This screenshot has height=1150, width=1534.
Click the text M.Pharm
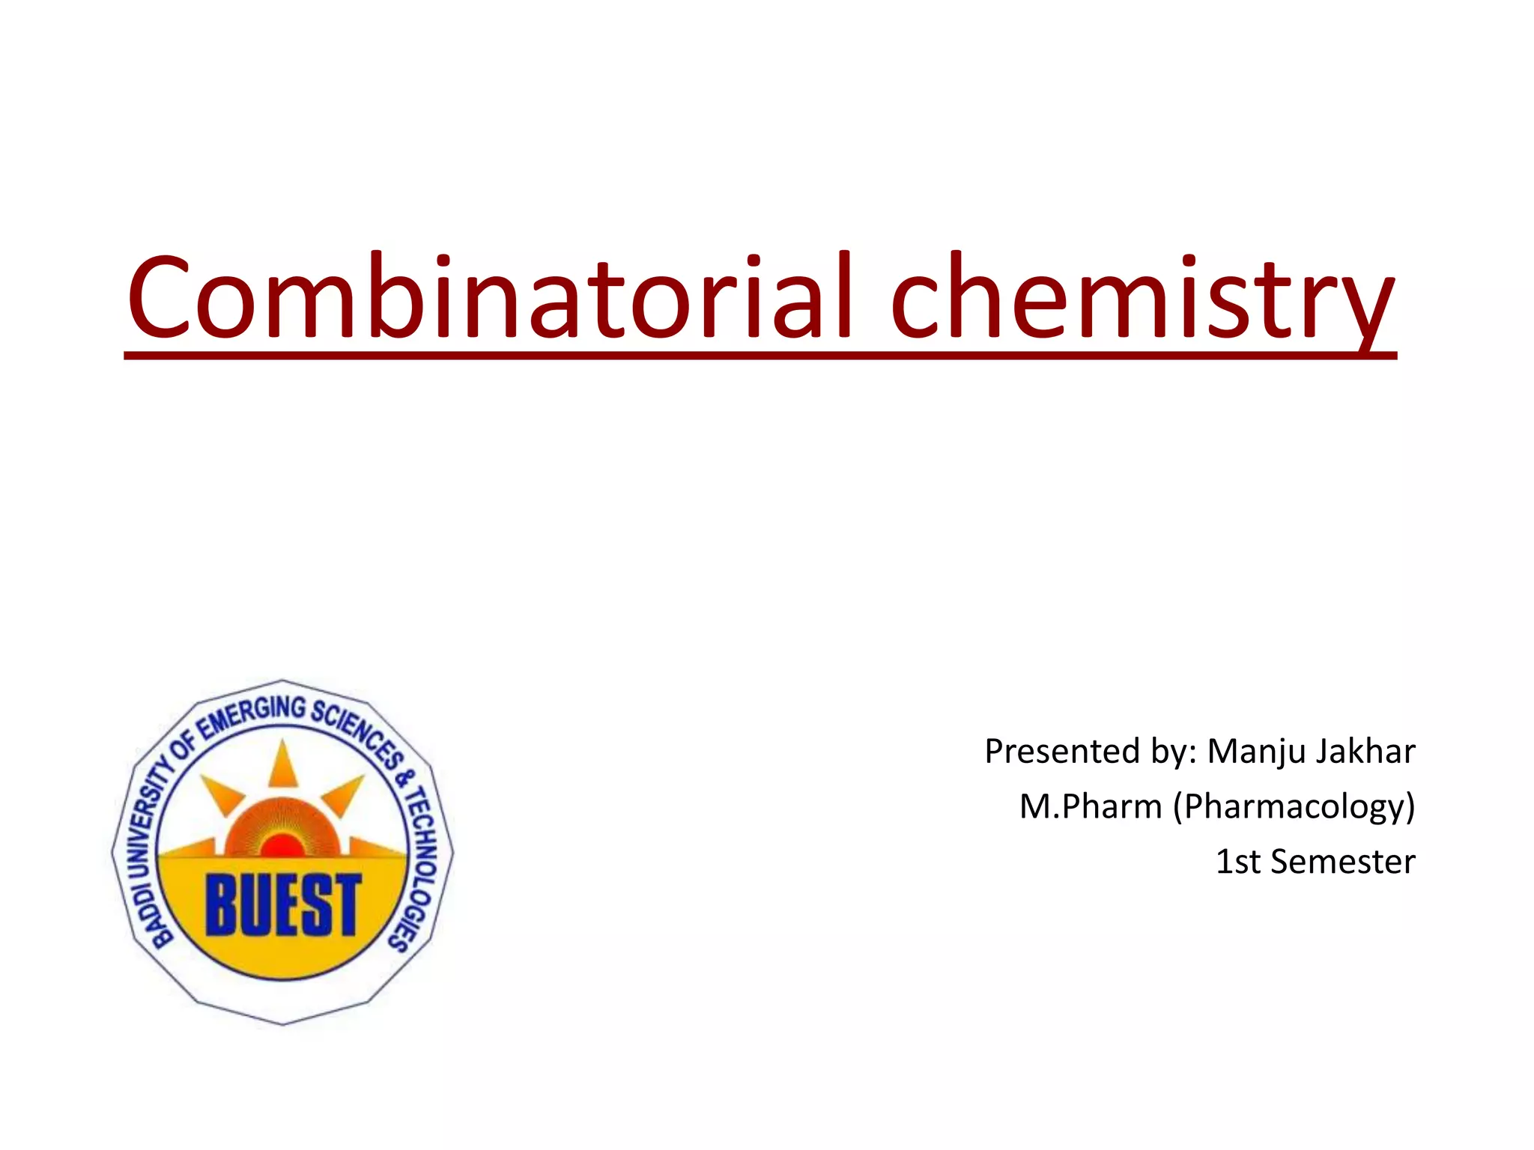pyautogui.click(x=1091, y=807)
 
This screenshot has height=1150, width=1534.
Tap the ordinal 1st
pyautogui.click(x=1237, y=862)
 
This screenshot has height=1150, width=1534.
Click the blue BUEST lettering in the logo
pyautogui.click(x=283, y=906)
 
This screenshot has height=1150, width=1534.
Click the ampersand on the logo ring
pyautogui.click(x=405, y=779)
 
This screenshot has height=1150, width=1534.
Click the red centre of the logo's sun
pyautogui.click(x=282, y=846)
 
